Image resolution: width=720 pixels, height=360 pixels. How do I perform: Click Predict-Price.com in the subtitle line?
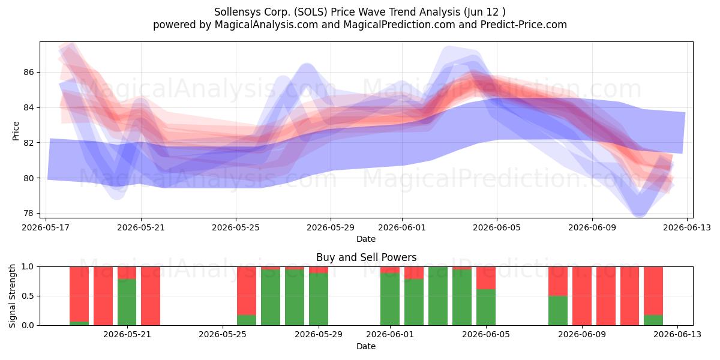tap(524, 25)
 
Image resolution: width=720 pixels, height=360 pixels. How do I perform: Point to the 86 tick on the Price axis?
tap(29, 73)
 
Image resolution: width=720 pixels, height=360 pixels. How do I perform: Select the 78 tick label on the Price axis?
tap(29, 213)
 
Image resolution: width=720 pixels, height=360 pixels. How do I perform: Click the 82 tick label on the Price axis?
tap(29, 143)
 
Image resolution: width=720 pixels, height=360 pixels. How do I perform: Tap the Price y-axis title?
tap(16, 131)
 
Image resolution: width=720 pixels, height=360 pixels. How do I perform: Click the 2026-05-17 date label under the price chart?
tap(46, 227)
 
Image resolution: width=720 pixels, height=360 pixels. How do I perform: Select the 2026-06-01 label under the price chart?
tap(402, 227)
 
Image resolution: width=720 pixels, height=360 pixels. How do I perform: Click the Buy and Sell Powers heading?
tap(367, 257)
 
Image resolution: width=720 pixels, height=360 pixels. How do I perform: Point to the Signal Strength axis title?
tap(12, 296)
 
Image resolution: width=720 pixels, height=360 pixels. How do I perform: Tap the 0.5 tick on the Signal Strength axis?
tap(28, 296)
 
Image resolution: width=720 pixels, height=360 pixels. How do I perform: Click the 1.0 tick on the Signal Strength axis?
tap(28, 267)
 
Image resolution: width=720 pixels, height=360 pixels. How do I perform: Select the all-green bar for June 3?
tap(438, 296)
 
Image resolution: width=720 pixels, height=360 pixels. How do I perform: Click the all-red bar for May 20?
tap(103, 296)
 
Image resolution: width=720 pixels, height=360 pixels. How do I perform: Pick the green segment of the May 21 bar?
tap(127, 302)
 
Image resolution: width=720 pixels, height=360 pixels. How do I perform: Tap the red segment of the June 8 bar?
tap(558, 281)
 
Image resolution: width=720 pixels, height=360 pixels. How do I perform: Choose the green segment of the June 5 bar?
tap(486, 307)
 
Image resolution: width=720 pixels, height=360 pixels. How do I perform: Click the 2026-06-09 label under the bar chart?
tap(582, 335)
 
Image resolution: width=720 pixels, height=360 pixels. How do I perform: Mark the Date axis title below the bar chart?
tap(366, 346)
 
